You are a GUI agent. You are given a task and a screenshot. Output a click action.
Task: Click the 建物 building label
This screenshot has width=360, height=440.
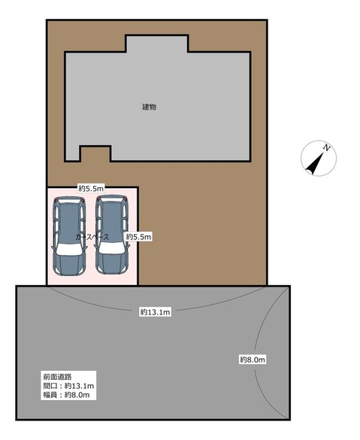point(149,107)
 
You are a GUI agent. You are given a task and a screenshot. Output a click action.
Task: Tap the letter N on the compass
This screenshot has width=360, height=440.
point(326,147)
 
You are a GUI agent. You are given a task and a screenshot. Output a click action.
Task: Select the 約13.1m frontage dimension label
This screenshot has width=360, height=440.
point(155,312)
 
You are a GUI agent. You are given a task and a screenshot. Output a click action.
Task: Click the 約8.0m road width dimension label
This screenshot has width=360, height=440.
point(253,360)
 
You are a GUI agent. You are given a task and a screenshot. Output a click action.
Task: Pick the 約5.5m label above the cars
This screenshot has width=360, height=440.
point(91,189)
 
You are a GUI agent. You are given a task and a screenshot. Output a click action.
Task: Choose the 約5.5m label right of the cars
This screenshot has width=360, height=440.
point(138,237)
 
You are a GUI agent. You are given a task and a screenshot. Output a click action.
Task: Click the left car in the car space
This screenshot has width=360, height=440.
point(69,235)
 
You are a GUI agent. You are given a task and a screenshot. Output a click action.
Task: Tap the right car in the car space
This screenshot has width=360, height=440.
point(112,235)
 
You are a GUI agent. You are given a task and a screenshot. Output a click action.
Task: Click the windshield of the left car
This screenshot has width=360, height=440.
point(69,250)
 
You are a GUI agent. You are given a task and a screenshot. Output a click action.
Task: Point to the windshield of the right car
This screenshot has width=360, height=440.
point(111,248)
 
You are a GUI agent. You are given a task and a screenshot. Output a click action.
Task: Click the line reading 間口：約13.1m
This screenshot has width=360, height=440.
point(68,386)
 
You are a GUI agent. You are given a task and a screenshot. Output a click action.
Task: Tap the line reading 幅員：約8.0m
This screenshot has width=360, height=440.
point(66,395)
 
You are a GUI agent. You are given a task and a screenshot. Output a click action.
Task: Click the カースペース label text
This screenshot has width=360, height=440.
point(92,237)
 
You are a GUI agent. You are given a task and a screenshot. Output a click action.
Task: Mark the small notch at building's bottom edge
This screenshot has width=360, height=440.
point(95,153)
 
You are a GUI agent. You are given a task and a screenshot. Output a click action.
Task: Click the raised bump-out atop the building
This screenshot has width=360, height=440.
point(157,44)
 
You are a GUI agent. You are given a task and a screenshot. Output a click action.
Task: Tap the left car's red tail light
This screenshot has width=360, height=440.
point(56,200)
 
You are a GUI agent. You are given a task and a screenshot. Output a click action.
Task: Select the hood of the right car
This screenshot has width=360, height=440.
point(111,264)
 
